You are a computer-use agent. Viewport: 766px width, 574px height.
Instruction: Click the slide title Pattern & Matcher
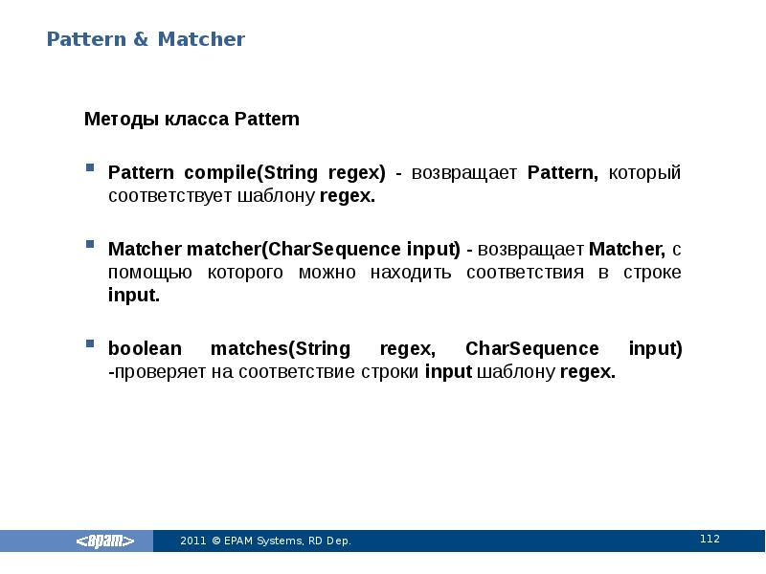click(x=146, y=40)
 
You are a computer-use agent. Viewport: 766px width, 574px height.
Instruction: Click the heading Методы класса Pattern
click(x=191, y=120)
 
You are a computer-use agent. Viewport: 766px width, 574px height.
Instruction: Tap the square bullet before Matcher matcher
click(x=89, y=245)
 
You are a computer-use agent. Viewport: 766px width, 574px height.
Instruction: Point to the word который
click(x=645, y=173)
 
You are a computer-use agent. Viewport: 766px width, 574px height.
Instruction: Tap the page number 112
click(x=710, y=540)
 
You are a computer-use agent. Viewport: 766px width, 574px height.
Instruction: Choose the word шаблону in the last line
click(x=516, y=372)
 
